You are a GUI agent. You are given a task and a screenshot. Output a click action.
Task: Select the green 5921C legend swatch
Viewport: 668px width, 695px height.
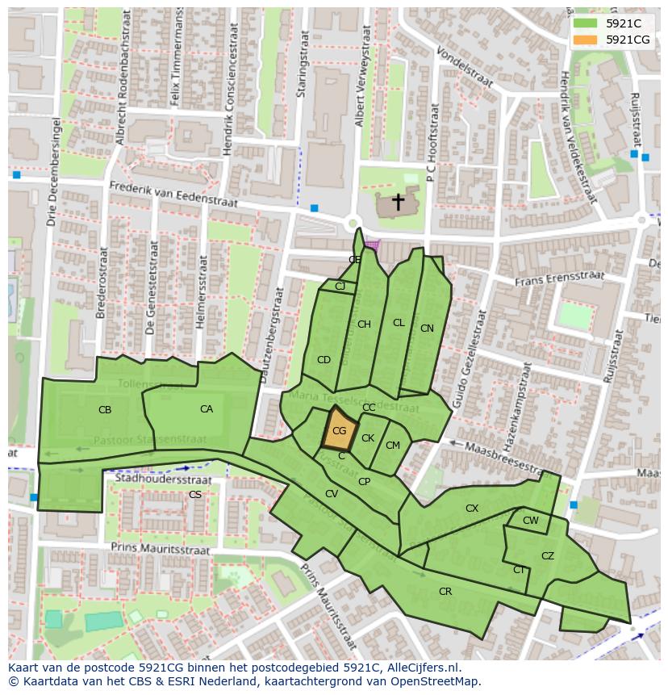(586, 23)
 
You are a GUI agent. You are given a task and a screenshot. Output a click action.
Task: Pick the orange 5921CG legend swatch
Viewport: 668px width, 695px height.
(586, 40)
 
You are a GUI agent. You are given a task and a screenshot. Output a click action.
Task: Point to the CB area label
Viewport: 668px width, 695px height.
(105, 410)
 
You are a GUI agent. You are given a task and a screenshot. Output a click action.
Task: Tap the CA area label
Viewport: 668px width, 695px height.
(207, 409)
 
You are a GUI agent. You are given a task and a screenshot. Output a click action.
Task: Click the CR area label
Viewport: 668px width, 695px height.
(445, 592)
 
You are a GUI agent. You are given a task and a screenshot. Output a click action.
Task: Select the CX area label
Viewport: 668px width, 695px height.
(472, 509)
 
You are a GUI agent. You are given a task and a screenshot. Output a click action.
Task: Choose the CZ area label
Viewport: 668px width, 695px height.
(548, 556)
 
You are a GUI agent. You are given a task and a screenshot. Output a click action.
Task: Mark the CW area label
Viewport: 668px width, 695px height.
(530, 521)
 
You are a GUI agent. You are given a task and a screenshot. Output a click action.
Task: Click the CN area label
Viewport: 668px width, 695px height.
(427, 329)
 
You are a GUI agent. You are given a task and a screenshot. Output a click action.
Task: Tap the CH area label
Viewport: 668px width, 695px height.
(364, 324)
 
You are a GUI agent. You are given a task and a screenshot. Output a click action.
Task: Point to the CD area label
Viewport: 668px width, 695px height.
(324, 360)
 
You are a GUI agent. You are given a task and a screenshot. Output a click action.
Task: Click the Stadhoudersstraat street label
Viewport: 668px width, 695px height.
(164, 479)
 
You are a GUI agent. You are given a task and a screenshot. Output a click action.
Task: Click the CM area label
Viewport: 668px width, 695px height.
(393, 446)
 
